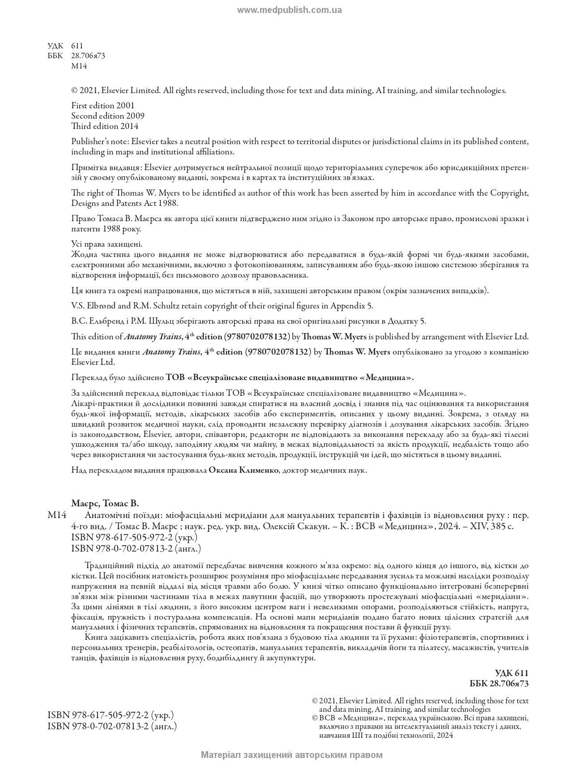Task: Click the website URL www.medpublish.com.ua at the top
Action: (289, 10)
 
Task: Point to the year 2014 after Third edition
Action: (129, 126)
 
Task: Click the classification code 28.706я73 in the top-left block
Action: (88, 56)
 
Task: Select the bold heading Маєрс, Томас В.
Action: (105, 503)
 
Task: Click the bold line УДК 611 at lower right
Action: (512, 673)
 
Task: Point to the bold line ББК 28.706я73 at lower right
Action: (499, 683)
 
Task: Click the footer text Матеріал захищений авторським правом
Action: (292, 755)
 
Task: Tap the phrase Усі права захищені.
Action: (107, 244)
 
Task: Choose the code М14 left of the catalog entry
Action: (57, 515)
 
